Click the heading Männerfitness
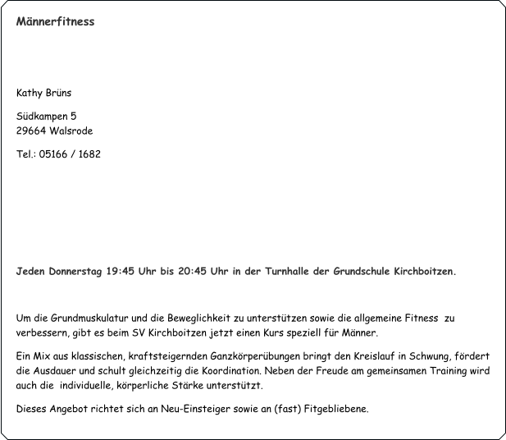tap(55, 21)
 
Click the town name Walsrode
tap(71, 131)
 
